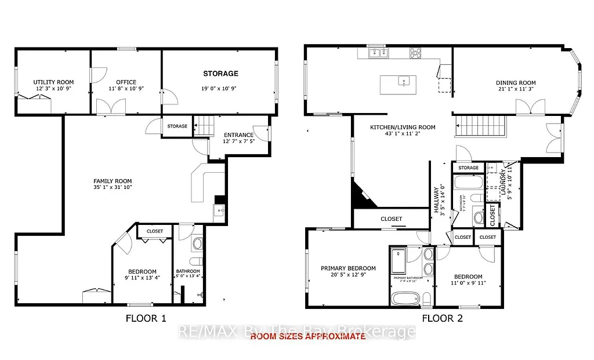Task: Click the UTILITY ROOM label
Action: pyautogui.click(x=53, y=82)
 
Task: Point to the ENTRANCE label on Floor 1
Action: pyautogui.click(x=239, y=135)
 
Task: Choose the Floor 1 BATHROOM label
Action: pyautogui.click(x=188, y=271)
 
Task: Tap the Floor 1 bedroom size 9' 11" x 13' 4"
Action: pyautogui.click(x=142, y=278)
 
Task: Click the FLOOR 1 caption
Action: pyautogui.click(x=146, y=318)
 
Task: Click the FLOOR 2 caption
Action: pyautogui.click(x=442, y=318)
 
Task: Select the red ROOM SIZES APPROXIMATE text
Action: pyautogui.click(x=307, y=337)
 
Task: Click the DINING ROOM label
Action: pyautogui.click(x=516, y=82)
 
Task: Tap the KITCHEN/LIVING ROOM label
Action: pyautogui.click(x=403, y=128)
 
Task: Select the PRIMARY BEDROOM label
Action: pyautogui.click(x=348, y=268)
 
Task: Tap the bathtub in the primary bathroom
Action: pyautogui.click(x=403, y=299)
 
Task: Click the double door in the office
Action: pyautogui.click(x=111, y=106)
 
